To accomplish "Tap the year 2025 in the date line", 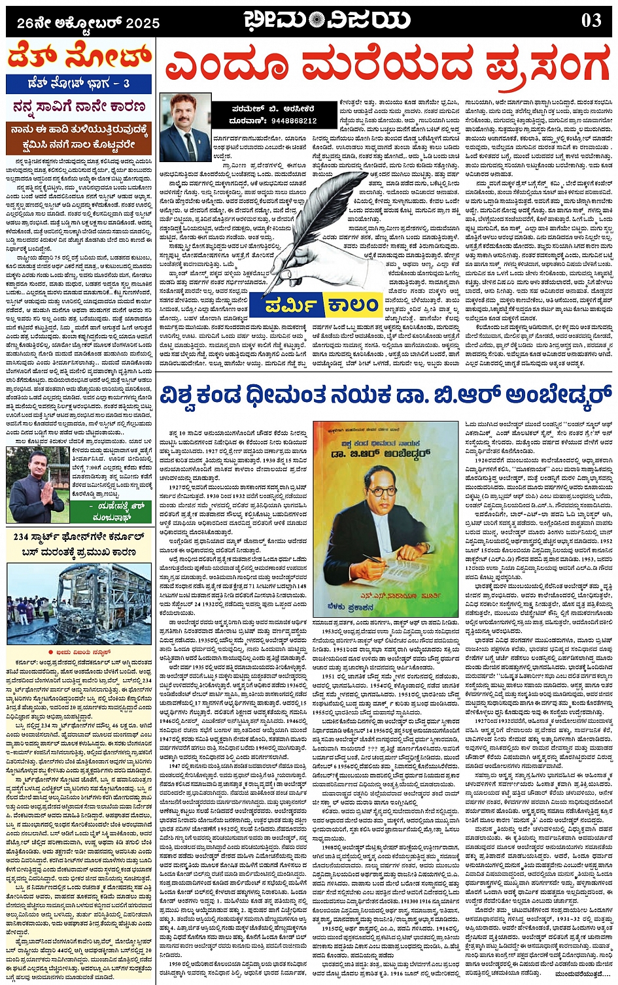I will click(x=143, y=24).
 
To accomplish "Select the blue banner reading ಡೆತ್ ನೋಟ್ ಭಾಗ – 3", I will click(x=79, y=84).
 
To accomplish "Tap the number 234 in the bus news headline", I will click(x=21, y=537).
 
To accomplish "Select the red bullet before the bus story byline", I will click(x=50, y=652).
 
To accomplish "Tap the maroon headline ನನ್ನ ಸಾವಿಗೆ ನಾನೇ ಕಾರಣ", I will click(x=79, y=107).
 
